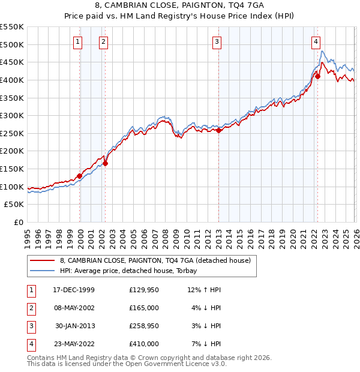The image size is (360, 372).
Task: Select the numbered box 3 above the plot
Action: (217, 41)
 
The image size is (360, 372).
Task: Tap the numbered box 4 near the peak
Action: (316, 41)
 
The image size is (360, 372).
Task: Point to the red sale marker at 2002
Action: (105, 163)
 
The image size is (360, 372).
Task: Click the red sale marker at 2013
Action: (219, 130)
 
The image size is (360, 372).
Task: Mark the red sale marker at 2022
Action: (318, 76)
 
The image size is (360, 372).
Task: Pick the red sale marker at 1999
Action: (80, 176)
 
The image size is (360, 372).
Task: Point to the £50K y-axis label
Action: (14, 205)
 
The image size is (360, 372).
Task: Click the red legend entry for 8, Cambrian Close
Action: (150, 260)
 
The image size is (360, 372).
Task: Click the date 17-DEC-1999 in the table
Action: (74, 290)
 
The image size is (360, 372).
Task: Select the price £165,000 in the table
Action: (144, 308)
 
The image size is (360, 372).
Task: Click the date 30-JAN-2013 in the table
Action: (74, 326)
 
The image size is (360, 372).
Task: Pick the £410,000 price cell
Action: (144, 344)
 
